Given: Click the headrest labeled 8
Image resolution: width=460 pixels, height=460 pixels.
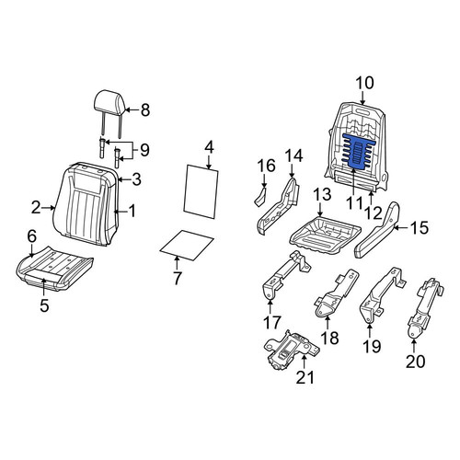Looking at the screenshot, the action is pos(109,106).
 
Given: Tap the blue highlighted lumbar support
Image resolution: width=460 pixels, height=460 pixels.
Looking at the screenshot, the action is pos(356,151).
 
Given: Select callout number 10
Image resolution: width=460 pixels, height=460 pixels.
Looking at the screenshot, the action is pos(364,83).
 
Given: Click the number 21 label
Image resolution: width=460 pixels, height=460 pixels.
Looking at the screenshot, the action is pos(305,377).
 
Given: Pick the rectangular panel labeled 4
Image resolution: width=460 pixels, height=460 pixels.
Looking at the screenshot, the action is pos(201,191).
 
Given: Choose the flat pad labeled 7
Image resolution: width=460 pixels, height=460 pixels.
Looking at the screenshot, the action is pos(187,245).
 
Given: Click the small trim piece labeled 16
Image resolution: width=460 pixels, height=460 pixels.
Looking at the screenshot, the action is pos(260,196).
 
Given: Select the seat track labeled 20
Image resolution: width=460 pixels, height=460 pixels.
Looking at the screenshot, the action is pos(425,308).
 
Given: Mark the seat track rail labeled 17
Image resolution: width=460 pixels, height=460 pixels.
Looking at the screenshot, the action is pos(285,273).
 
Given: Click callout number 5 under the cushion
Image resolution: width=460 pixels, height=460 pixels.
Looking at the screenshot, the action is pos(44,305).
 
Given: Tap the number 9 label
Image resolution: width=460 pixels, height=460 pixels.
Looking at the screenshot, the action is pos(144,150).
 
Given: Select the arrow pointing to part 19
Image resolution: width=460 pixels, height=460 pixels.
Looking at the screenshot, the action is pos(370,330).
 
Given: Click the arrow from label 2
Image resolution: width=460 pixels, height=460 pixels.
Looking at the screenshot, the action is pos(49,208).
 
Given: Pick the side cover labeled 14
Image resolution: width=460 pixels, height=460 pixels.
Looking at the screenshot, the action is pos(278,205).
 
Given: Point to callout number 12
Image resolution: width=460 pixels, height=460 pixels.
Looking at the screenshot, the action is pos(374,213).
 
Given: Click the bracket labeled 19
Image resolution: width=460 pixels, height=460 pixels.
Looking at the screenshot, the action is pos(382,294).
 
